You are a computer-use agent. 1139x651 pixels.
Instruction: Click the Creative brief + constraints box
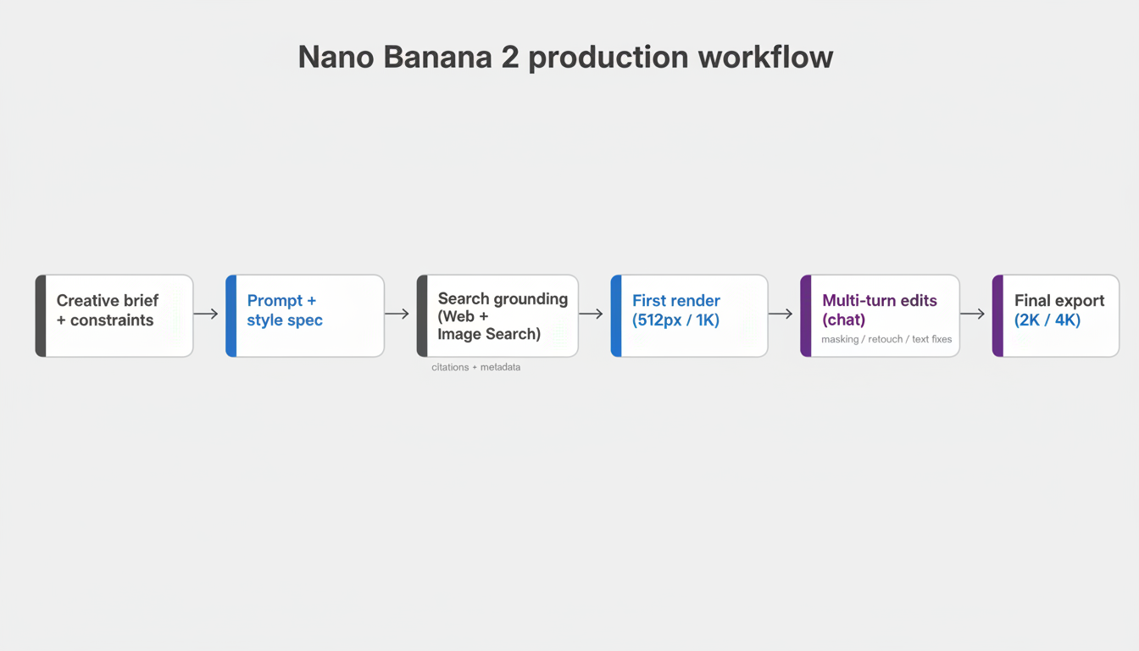coord(114,315)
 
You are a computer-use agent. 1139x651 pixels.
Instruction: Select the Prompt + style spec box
coord(305,315)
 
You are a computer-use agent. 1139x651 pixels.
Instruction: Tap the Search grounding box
coord(498,315)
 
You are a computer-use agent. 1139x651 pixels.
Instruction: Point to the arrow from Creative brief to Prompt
coord(206,314)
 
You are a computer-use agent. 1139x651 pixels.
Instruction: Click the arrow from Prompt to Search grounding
coord(397,314)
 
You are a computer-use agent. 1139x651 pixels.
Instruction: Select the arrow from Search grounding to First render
coord(591,314)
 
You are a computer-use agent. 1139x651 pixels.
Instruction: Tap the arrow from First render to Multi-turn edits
coord(781,314)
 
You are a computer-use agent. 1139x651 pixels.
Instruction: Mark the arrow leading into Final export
coord(972,314)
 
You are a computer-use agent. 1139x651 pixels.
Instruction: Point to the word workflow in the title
coord(765,58)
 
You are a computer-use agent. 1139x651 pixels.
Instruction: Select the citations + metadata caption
coord(475,367)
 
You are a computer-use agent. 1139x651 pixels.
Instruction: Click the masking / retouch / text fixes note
coord(886,339)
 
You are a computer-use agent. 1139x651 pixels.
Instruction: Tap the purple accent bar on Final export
coord(997,315)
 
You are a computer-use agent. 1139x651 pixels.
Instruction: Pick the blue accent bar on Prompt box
coord(231,315)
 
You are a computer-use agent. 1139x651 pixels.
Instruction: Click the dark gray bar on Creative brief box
coord(40,315)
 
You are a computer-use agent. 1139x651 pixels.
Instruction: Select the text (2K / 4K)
coord(1047,320)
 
